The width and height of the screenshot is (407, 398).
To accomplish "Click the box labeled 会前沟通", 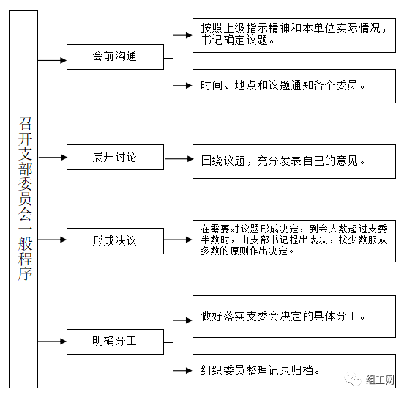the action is (115, 56).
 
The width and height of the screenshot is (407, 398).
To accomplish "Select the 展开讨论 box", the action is (115, 158).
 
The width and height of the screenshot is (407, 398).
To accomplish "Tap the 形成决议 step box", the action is (115, 241).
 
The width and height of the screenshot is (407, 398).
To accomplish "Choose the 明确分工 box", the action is (115, 342).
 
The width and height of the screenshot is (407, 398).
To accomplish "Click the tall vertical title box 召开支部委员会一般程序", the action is (23, 199).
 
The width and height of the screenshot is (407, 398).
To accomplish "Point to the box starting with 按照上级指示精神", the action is (294, 35).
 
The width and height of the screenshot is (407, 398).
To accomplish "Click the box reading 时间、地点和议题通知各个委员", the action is (294, 86).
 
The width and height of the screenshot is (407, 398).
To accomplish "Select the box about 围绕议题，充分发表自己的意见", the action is (294, 161).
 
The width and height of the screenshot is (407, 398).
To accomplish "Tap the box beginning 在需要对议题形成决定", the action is (294, 241).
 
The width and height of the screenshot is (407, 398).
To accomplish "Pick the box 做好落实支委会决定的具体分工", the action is (294, 317).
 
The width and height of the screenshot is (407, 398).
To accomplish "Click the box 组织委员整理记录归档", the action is (294, 371).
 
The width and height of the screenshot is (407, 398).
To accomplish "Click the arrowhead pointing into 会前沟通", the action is (64, 61).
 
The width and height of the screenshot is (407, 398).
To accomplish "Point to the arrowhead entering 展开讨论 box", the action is (64, 158).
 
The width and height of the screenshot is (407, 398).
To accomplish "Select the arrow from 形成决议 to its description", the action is (178, 240).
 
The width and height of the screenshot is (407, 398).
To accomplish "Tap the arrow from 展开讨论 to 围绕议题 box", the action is (179, 159).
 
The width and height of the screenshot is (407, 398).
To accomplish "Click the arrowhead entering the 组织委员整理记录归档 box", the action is (189, 370).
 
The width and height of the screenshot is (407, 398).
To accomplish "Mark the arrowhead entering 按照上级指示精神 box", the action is (189, 35).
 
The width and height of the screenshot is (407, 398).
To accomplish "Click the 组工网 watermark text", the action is (380, 380).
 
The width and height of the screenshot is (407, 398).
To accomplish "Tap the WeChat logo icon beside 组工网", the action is (353, 380).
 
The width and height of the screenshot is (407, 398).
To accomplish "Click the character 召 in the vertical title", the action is (25, 123).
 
